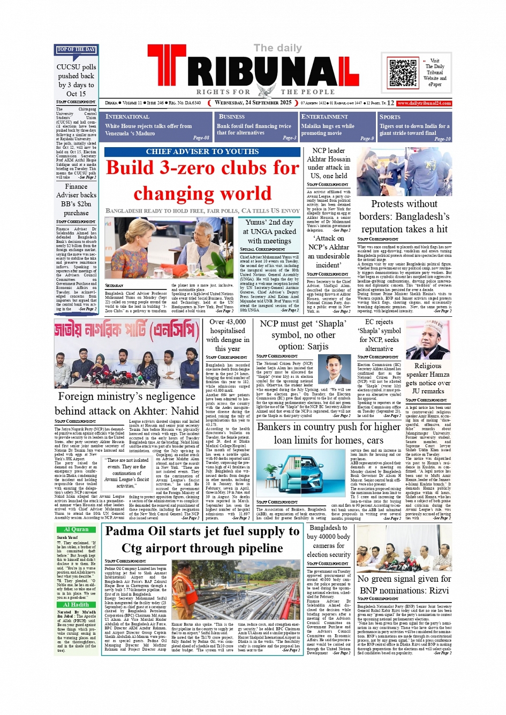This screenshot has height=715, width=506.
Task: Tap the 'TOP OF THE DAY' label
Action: [76, 50]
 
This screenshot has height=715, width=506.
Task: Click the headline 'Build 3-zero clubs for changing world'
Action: [202, 180]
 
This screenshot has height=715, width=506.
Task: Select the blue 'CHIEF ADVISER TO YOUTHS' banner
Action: [202, 152]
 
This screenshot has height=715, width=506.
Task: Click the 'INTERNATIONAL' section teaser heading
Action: [127, 117]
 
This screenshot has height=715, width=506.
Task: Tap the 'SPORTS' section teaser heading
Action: [390, 117]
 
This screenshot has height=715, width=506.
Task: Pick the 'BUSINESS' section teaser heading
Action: [232, 117]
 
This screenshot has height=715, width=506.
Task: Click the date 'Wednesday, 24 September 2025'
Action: [253, 103]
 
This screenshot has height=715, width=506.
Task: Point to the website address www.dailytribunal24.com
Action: [424, 103]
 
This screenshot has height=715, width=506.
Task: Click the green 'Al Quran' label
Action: [76, 529]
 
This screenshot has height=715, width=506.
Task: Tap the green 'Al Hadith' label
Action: [76, 605]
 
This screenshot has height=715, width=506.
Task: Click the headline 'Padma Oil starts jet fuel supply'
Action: [202, 539]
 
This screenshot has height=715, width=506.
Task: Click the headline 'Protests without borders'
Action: [404, 216]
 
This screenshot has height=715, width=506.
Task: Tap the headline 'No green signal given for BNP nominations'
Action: [404, 584]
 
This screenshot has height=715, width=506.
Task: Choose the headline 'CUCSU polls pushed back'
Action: [76, 80]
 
